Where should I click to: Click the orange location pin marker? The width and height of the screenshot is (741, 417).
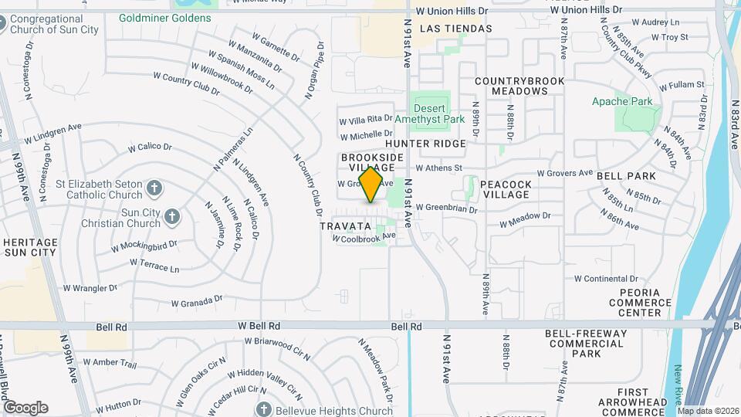[371, 185]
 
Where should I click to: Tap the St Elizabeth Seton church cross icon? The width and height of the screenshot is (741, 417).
[154, 187]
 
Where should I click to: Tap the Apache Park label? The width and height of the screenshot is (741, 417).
[622, 101]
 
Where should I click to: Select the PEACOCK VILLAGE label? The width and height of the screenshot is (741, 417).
[505, 190]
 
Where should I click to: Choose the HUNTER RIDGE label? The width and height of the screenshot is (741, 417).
[425, 144]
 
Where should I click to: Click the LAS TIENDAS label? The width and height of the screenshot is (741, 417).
[456, 29]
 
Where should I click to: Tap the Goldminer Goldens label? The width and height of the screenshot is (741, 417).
[164, 18]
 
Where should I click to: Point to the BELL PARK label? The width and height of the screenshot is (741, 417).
[626, 176]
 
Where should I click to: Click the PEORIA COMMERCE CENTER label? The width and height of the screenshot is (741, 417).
[640, 303]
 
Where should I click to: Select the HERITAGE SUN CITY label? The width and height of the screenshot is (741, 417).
[29, 247]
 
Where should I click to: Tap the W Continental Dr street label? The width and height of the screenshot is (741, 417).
[606, 279]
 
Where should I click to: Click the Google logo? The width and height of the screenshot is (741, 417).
[25, 407]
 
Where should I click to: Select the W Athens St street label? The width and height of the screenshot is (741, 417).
[438, 167]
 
